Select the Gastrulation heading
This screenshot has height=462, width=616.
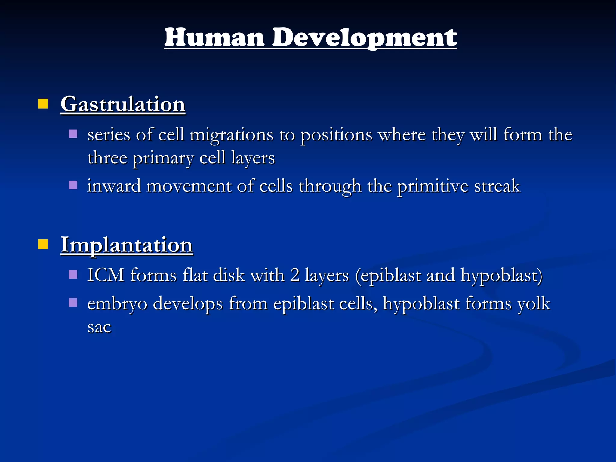(x=123, y=104)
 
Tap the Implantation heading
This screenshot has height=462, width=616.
(x=126, y=245)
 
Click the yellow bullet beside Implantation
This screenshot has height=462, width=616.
(x=43, y=245)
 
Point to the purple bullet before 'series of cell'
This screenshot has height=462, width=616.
(x=73, y=134)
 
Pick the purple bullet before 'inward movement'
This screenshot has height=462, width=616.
(x=73, y=185)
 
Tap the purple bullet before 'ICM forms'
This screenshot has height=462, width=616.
(x=73, y=274)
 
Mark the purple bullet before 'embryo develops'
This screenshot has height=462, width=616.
(x=73, y=302)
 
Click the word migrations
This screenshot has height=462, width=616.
(x=231, y=134)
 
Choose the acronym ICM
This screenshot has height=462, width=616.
(x=106, y=275)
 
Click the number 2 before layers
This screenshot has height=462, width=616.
(x=295, y=275)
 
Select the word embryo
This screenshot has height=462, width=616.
(x=117, y=303)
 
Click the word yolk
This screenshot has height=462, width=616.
(x=534, y=303)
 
